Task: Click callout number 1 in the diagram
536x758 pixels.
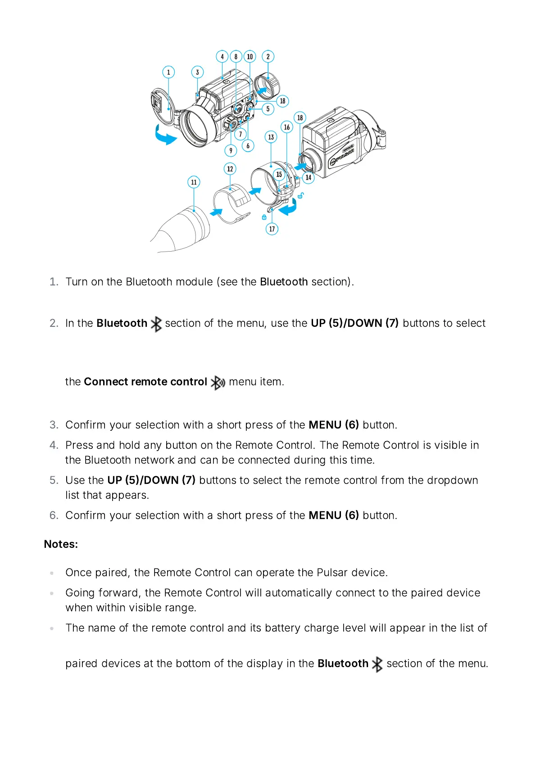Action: click(168, 72)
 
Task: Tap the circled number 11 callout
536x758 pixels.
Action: click(194, 182)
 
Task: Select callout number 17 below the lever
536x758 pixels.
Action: click(272, 229)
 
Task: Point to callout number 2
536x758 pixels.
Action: click(268, 57)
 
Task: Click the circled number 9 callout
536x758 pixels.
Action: click(231, 151)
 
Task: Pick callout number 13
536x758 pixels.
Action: click(271, 137)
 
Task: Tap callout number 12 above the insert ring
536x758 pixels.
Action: click(230, 169)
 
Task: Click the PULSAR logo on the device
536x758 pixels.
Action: click(342, 155)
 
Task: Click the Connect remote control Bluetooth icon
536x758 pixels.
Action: click(218, 383)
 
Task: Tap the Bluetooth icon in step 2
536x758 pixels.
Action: click(156, 324)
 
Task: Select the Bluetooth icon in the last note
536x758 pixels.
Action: click(377, 664)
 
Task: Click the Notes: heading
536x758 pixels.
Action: click(61, 544)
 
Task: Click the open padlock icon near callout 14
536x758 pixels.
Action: click(300, 195)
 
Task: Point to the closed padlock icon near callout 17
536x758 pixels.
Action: click(264, 217)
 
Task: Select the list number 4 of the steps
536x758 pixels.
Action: click(54, 445)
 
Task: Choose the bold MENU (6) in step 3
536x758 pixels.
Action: click(333, 425)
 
